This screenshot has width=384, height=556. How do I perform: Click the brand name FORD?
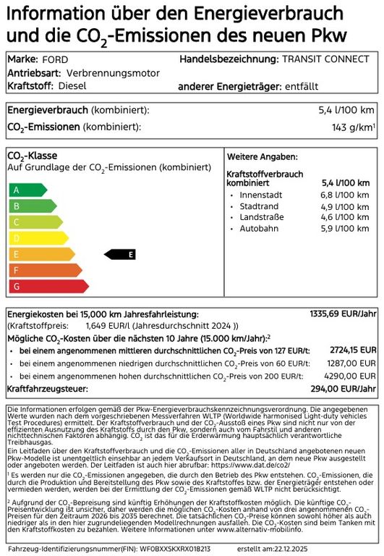coord(55,59)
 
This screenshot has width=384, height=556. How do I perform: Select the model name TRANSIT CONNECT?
coord(329,59)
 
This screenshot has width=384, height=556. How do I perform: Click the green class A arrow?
coord(27,190)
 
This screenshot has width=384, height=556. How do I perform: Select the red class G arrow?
coord(47,286)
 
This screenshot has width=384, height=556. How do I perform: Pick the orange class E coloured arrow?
coord(40,254)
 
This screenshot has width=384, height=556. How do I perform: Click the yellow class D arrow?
coord(37,238)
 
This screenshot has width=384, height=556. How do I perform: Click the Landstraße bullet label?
coord(260,218)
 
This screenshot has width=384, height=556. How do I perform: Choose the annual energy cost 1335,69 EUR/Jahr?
coord(344,314)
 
